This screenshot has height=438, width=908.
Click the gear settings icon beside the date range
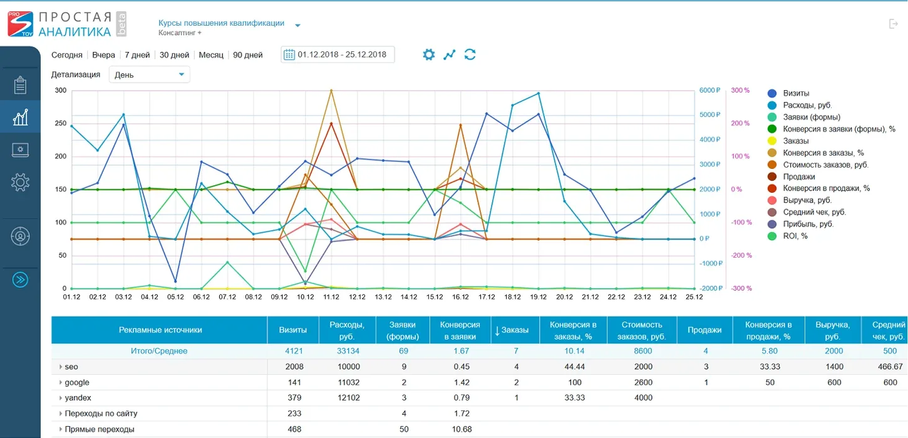(428, 54)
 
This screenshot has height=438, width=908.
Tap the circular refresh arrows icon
(470, 54)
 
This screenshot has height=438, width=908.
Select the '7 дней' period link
(137, 55)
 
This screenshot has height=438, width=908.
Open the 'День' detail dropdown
(149, 74)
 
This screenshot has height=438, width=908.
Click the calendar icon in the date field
(289, 54)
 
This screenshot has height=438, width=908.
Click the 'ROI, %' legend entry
(788, 237)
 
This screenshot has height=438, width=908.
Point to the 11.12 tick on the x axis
(331, 297)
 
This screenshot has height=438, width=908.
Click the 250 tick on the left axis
(60, 123)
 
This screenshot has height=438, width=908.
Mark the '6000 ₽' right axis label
(709, 90)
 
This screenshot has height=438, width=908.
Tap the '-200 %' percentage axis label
(741, 255)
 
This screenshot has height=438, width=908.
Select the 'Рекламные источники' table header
(160, 330)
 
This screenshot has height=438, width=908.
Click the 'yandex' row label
(78, 398)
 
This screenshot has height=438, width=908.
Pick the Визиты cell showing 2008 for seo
(294, 367)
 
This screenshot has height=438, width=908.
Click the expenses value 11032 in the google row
(349, 382)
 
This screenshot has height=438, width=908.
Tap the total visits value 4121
(294, 351)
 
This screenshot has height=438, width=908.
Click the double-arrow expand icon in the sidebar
(20, 280)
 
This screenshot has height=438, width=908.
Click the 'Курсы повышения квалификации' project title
(221, 23)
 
